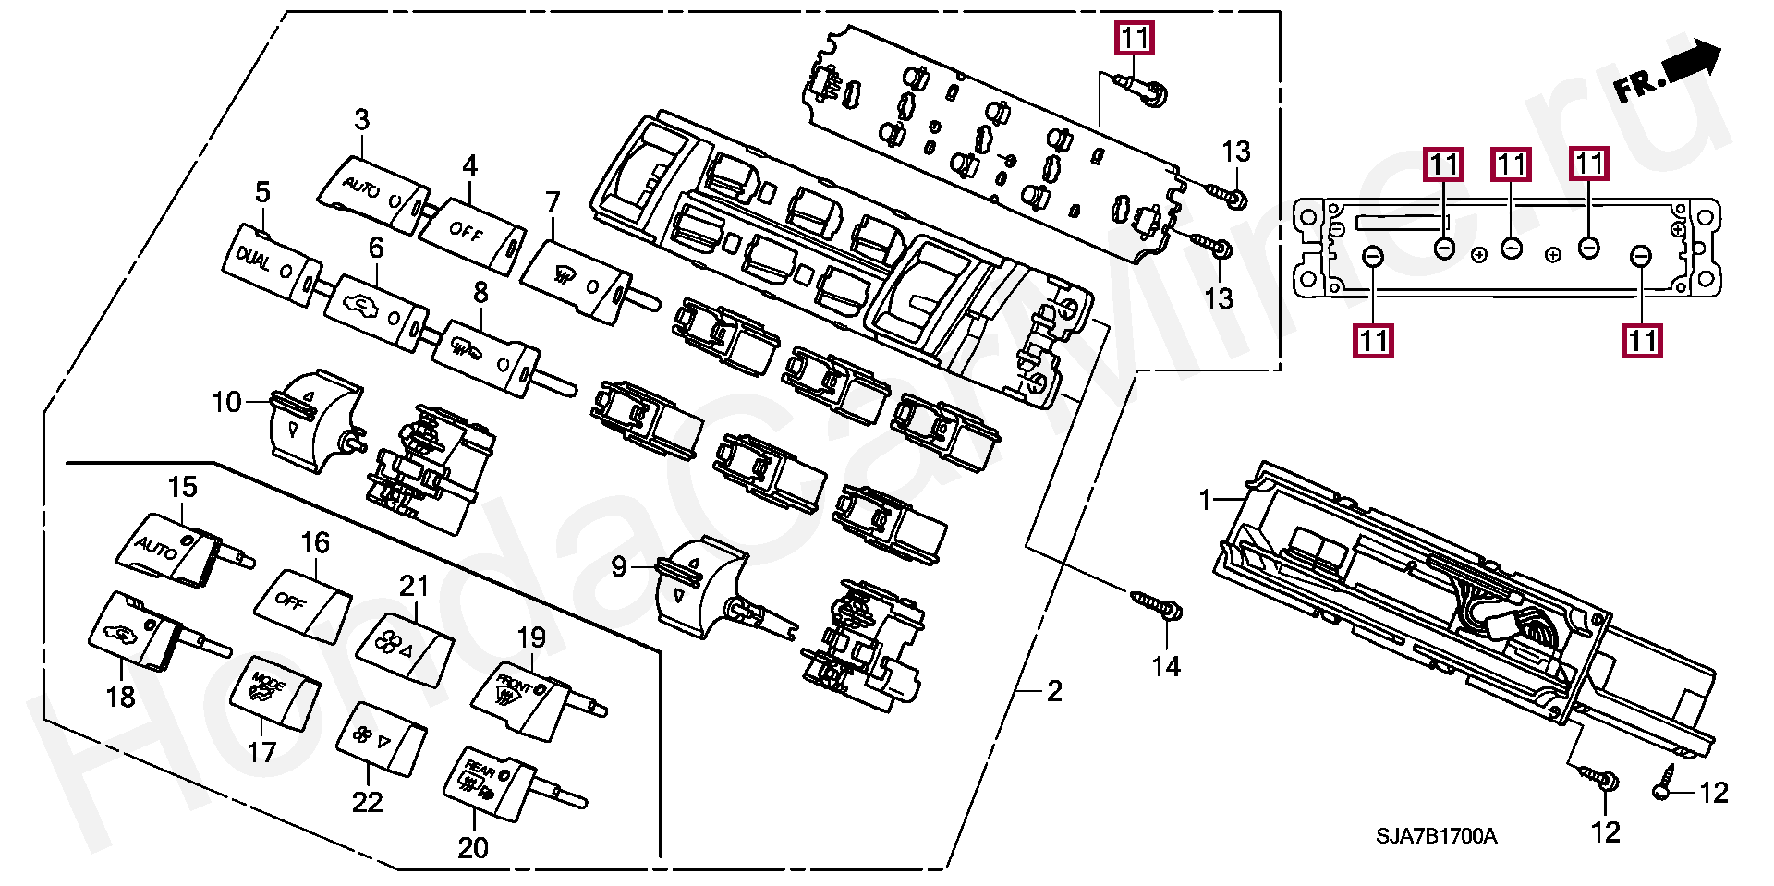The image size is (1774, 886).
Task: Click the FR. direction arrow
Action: pyautogui.click(x=1669, y=73)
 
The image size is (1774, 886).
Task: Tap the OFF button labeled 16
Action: pyautogui.click(x=303, y=606)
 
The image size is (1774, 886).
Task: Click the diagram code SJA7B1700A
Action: pyautogui.click(x=1437, y=837)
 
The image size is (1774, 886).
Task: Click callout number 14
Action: pyautogui.click(x=1166, y=666)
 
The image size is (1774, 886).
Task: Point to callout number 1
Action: pyautogui.click(x=1204, y=501)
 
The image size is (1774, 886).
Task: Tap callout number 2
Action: pyautogui.click(x=1054, y=691)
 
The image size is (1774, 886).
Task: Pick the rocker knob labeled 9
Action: pyautogui.click(x=698, y=587)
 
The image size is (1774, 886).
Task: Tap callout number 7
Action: pyautogui.click(x=553, y=200)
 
